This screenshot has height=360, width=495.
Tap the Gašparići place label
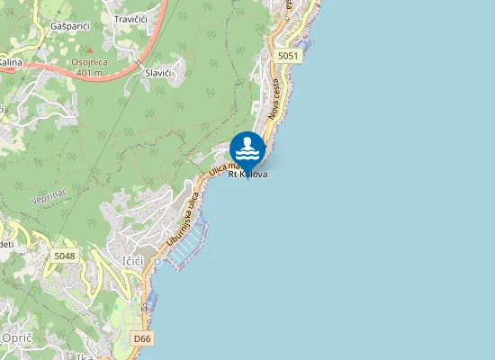(70, 27)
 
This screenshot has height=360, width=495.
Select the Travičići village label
(131, 19)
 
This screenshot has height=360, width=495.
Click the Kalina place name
(10, 62)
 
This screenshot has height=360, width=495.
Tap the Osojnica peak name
(90, 62)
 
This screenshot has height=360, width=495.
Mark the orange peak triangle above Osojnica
(89, 52)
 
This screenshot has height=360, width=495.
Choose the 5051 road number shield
(288, 56)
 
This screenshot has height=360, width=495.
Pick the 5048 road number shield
(65, 256)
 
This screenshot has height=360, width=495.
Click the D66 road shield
(141, 338)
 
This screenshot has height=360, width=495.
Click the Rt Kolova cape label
(247, 174)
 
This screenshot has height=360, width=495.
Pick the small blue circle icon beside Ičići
(157, 262)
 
